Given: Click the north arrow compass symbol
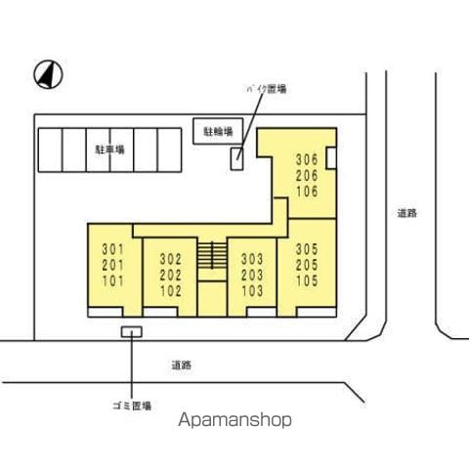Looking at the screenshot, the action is (x=48, y=74).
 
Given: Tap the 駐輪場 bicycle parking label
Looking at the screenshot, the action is (x=218, y=132).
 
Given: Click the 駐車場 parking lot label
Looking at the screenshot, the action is (x=109, y=149).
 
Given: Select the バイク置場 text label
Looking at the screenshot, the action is (x=267, y=89).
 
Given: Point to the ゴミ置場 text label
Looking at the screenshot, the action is (x=132, y=405).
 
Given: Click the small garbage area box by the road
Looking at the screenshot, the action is (x=132, y=332).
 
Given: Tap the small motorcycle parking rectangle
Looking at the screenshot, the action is (x=236, y=158).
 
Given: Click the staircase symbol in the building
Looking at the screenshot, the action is (x=212, y=255).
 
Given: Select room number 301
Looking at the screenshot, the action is (x=113, y=249).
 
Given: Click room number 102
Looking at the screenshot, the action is (x=171, y=291).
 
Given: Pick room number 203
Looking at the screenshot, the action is (x=252, y=275).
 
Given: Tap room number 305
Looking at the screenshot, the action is (x=307, y=249).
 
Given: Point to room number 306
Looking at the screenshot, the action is (x=307, y=159).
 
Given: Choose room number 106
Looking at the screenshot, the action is (x=307, y=192).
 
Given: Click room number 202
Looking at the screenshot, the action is (x=171, y=276).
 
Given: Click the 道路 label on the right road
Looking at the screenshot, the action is (x=407, y=213).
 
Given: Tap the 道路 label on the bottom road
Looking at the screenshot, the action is (x=182, y=365).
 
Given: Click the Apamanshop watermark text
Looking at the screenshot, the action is (x=234, y=420).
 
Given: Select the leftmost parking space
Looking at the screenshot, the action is (x=50, y=149).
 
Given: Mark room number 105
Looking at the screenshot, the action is (x=307, y=280).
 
